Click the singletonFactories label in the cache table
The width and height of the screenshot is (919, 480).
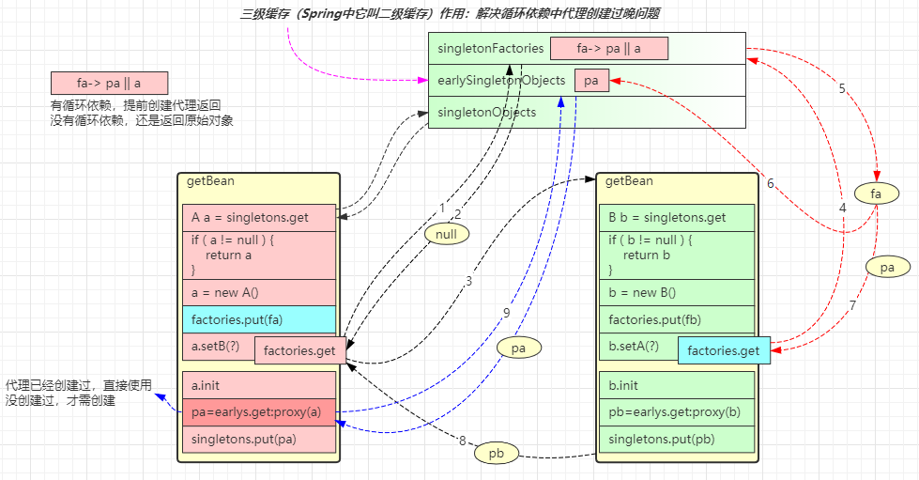(x=490, y=48)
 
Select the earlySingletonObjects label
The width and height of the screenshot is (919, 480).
(x=501, y=81)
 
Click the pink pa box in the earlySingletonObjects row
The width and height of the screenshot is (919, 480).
(x=591, y=81)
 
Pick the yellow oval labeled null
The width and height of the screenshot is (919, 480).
(x=446, y=232)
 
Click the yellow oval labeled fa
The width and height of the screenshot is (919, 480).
(x=877, y=193)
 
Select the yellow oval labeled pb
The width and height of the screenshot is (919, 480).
(x=497, y=453)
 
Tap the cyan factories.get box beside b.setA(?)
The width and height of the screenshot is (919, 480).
(x=724, y=350)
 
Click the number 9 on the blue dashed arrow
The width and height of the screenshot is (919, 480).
(x=506, y=312)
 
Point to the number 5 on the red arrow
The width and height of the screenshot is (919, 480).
(x=842, y=88)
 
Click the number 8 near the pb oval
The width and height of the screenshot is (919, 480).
(x=462, y=440)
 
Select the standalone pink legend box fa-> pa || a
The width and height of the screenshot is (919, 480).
(x=109, y=83)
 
